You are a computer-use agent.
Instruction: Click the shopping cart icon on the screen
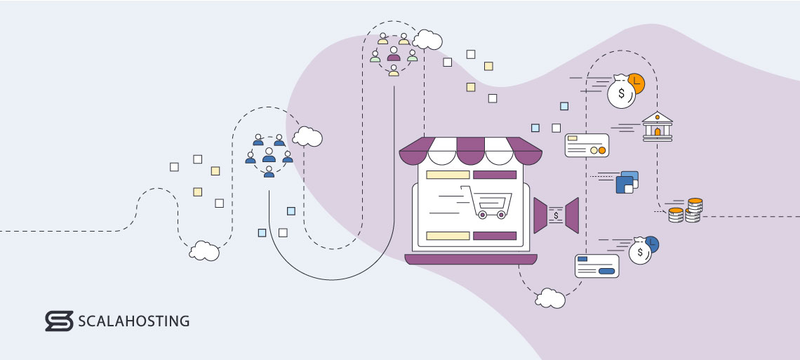point(486,202)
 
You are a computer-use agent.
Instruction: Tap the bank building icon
point(657,126)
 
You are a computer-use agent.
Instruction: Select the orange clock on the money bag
point(636,83)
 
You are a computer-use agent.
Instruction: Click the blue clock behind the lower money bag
point(652,244)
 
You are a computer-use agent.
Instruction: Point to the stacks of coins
point(686,210)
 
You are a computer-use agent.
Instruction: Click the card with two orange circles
point(587,145)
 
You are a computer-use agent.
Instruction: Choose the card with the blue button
point(597,266)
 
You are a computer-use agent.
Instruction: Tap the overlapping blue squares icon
point(627,182)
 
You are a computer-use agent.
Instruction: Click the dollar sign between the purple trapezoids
point(556,215)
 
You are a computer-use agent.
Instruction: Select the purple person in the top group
point(394,54)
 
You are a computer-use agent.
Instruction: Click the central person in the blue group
point(269,155)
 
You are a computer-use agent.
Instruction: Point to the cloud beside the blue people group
point(307,137)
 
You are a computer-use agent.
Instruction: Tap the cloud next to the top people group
point(427,40)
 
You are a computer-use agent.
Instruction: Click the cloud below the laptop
point(550,298)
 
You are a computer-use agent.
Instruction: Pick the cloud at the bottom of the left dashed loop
point(204,251)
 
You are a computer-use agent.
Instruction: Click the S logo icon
point(59,321)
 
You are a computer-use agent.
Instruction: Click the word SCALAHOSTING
point(133,321)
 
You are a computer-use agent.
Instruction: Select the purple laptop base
point(471,259)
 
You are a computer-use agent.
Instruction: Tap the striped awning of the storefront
point(470,151)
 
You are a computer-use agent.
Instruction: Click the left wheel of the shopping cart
point(481,215)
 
